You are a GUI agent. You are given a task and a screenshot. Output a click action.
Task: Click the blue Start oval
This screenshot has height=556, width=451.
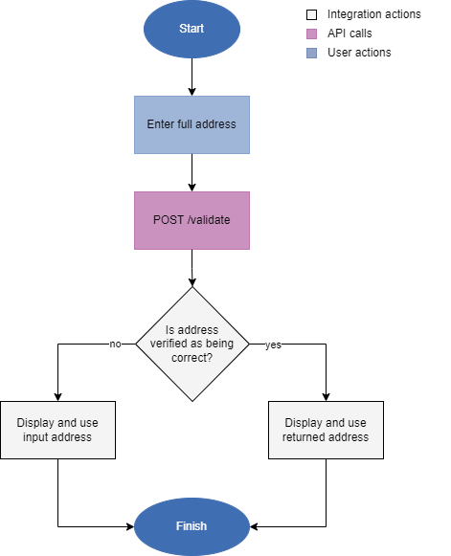point(192,29)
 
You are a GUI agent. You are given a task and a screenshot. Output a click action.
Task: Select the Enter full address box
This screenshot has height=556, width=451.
point(192,124)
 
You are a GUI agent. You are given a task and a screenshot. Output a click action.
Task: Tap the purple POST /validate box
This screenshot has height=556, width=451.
point(192,220)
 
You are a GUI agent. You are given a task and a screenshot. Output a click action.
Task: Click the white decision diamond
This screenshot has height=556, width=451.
point(192,344)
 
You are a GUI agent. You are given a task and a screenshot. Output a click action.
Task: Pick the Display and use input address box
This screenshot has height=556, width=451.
point(57,430)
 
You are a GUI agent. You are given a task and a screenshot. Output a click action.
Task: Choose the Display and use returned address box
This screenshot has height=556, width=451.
point(326,430)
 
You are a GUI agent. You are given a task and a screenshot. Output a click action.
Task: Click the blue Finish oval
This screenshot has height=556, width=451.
point(192,526)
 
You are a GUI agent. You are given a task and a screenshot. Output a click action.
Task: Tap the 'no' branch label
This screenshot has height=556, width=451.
point(115,344)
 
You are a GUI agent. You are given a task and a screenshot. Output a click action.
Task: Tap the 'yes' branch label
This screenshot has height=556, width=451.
point(273,345)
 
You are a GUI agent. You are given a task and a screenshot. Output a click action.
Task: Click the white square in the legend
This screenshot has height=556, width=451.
point(311,15)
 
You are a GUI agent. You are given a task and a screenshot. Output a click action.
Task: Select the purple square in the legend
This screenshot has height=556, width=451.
point(311,34)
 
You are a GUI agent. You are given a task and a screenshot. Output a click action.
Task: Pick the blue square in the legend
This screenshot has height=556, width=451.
point(311,54)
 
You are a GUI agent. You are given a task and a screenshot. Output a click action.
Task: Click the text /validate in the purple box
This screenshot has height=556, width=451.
point(208,220)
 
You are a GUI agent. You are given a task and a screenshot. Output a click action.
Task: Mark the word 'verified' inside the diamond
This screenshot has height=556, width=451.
point(172,344)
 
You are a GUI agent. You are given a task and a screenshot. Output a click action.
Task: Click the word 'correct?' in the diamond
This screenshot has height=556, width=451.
point(192,357)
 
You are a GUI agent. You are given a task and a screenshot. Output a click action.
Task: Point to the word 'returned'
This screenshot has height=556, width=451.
point(304,437)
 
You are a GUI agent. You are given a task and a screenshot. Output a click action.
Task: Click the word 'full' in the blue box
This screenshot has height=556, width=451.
point(186,124)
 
